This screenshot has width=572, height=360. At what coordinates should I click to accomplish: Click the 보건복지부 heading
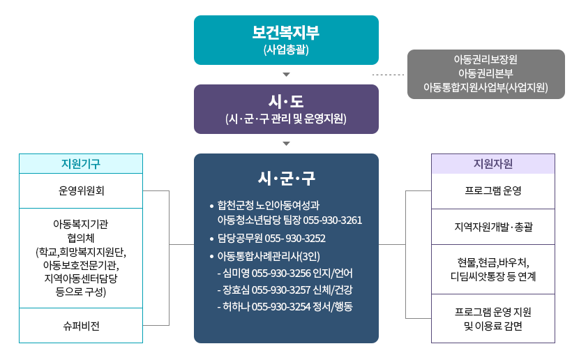click(286, 33)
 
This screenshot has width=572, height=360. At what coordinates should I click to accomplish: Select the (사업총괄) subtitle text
click(286, 50)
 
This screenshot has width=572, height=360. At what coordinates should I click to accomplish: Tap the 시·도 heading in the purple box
click(286, 101)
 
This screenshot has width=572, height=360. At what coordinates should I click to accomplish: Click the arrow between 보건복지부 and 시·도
click(286, 74)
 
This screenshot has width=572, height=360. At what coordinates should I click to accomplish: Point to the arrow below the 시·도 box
click(286, 144)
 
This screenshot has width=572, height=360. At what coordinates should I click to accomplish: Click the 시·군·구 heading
click(286, 179)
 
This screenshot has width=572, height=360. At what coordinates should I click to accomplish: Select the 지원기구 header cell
click(81, 164)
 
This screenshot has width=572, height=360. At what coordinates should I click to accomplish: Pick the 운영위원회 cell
click(81, 190)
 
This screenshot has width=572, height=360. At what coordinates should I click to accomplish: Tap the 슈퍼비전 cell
click(81, 325)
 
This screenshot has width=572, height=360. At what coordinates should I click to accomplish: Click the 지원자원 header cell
click(493, 164)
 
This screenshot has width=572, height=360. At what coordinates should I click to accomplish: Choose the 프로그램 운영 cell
click(493, 190)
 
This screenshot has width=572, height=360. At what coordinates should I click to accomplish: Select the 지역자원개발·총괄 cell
click(493, 227)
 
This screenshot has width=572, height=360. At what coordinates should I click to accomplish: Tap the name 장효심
click(236, 290)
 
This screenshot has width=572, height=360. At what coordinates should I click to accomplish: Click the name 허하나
click(236, 307)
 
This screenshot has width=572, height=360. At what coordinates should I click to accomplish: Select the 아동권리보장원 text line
click(486, 59)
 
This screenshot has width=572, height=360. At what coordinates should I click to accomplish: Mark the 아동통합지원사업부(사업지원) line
click(486, 87)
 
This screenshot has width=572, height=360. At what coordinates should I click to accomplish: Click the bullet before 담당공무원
click(211, 239)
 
